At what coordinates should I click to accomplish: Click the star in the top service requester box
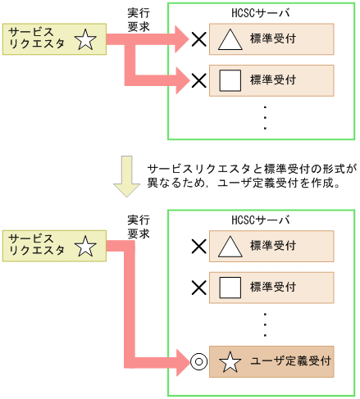[x=85, y=39]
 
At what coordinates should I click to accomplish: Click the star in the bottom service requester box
[x=85, y=245]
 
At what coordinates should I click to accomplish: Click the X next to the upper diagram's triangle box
[x=198, y=38]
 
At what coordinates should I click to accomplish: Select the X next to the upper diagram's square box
[x=198, y=80]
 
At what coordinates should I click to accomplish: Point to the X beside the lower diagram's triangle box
[x=198, y=245]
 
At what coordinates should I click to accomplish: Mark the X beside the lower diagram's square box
[x=198, y=287]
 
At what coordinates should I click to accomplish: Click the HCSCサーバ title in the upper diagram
[x=262, y=14]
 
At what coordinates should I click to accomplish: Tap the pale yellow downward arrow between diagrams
[x=125, y=177]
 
